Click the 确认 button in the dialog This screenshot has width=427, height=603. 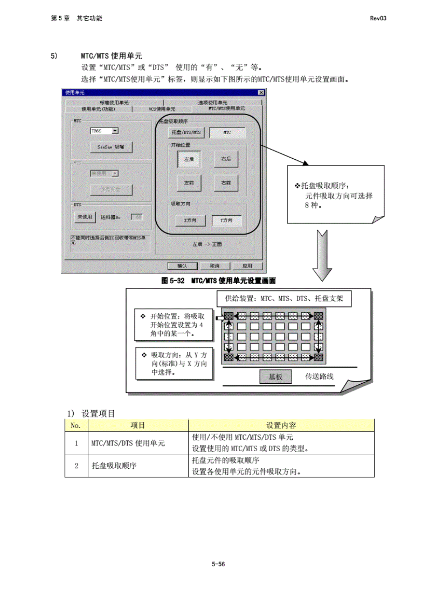(x=182, y=266)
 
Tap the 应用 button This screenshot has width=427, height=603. (x=247, y=266)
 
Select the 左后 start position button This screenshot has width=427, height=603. (x=189, y=159)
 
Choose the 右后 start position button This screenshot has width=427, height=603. (x=226, y=159)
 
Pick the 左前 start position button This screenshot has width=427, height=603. (x=189, y=183)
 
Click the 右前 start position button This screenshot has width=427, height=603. (x=226, y=183)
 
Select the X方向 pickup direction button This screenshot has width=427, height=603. (x=190, y=220)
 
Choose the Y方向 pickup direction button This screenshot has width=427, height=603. (x=226, y=220)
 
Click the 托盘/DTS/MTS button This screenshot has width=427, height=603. (x=186, y=132)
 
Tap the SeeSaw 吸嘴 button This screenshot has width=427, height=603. (x=111, y=147)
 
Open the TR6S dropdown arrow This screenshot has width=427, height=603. (x=115, y=131)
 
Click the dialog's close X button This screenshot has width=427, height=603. (x=261, y=93)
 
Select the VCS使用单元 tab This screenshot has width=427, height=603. (x=162, y=109)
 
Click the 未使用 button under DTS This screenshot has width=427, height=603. (x=85, y=217)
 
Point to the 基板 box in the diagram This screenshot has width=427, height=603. (x=275, y=377)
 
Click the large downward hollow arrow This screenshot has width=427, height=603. (x=322, y=255)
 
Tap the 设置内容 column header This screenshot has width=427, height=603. (x=281, y=425)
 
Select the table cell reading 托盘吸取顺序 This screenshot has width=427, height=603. (x=114, y=466)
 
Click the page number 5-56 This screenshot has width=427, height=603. (x=218, y=564)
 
